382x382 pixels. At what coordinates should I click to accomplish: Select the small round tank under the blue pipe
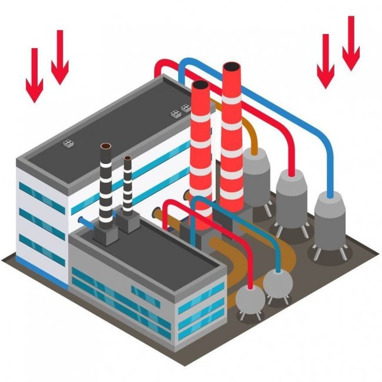[x=277, y=283]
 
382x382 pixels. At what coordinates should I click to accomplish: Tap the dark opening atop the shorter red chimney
[x=200, y=85]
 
